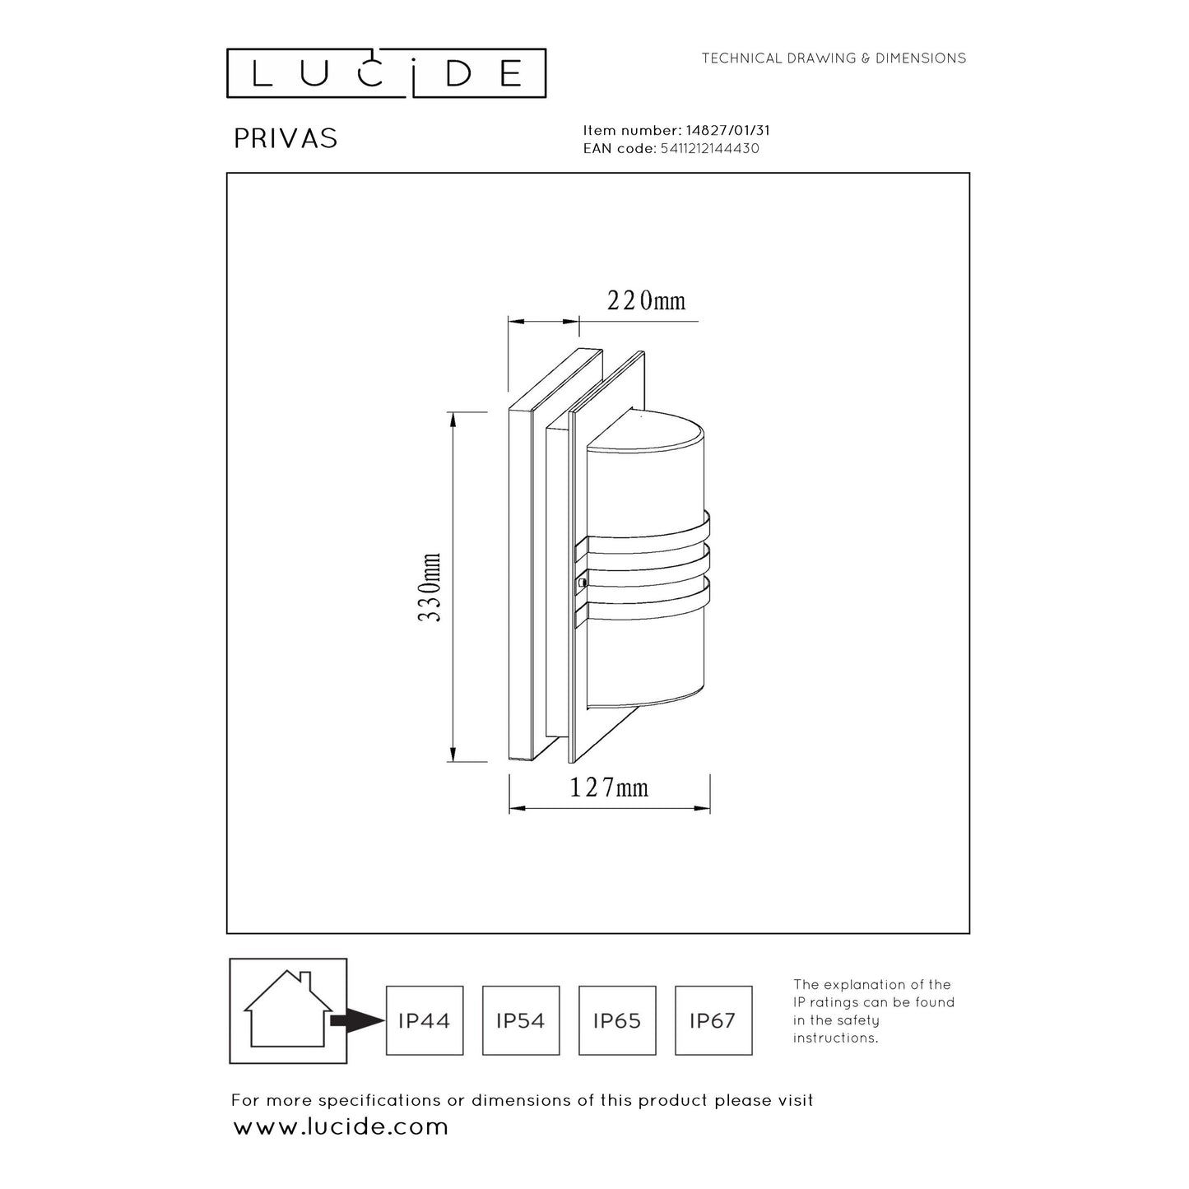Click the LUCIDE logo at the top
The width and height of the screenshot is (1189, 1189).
(386, 72)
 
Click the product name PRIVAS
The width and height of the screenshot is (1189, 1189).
(286, 139)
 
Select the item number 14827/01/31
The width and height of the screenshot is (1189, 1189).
(727, 131)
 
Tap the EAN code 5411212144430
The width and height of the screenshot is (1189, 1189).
(709, 149)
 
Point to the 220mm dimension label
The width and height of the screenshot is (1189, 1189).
(646, 301)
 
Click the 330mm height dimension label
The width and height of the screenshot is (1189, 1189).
(430, 587)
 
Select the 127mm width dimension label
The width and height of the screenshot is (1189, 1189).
(608, 788)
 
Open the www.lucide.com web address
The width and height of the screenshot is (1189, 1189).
(341, 1127)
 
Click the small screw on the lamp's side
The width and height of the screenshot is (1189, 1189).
(581, 581)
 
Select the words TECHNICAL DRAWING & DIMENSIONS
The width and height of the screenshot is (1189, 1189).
(834, 58)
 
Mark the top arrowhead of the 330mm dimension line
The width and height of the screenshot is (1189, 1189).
(453, 420)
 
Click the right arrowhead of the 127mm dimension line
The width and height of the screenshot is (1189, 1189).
(702, 808)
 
